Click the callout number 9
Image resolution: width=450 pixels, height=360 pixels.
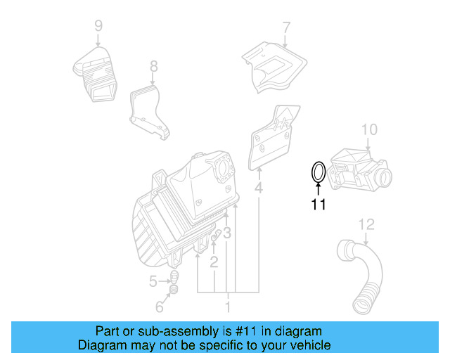point(98,26)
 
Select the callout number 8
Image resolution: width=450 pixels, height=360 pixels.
point(153,67)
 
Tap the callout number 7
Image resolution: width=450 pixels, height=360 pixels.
point(286,28)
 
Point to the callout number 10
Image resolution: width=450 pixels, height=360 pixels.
point(369,129)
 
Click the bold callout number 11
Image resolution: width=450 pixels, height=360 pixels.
point(319,205)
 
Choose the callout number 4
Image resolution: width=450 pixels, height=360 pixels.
point(259,188)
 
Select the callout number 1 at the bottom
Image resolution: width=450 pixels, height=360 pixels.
point(227,307)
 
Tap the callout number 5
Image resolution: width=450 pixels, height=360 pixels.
point(153,282)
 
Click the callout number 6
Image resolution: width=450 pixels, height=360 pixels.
point(159,307)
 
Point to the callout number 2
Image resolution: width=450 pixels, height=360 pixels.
point(214,262)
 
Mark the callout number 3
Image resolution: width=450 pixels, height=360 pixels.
point(227,233)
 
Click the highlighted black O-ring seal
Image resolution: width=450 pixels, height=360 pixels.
point(318,172)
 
